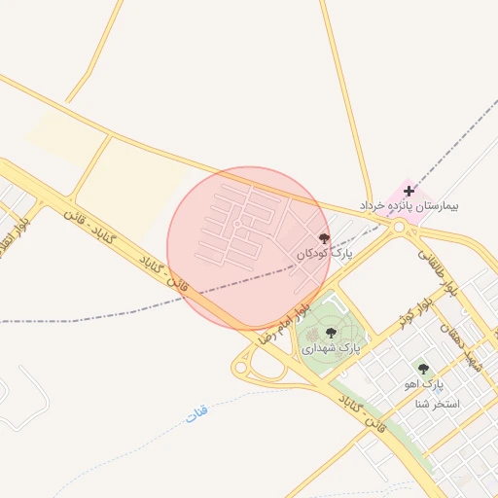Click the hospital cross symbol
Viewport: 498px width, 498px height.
(409, 191)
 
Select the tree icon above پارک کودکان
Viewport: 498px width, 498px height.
(324, 237)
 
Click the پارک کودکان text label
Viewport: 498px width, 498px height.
(325, 253)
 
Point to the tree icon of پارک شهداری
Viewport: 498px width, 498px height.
(331, 333)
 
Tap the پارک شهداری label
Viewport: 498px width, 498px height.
(331, 347)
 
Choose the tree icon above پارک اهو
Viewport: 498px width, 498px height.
(422, 369)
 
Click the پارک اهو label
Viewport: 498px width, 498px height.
(423, 384)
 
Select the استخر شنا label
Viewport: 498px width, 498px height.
(438, 403)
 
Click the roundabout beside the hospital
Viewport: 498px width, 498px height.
(400, 228)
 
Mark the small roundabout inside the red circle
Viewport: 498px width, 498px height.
(237, 225)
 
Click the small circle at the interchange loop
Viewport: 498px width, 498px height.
(239, 369)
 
